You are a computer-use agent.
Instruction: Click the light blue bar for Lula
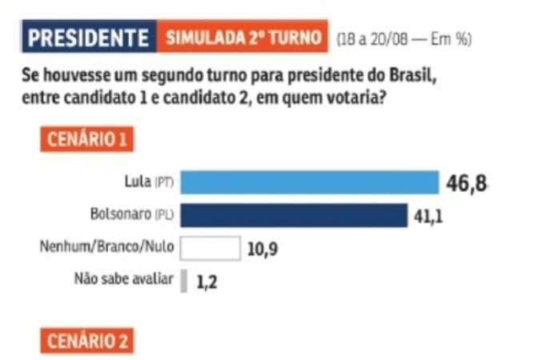[x=310, y=182]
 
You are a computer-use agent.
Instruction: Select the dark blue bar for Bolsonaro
[x=294, y=215]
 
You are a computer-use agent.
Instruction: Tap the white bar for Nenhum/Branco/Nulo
[x=210, y=248]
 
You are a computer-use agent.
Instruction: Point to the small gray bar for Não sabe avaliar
[x=184, y=281]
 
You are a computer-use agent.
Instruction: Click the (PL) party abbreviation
[x=165, y=216]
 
